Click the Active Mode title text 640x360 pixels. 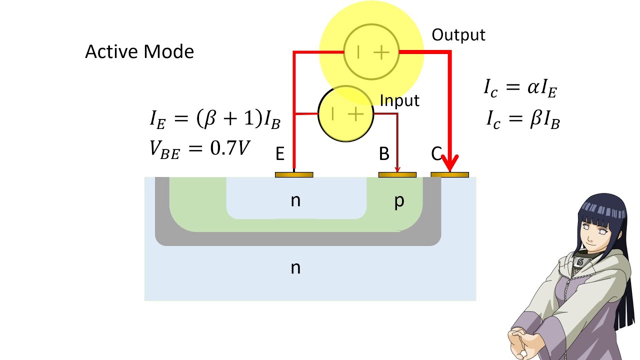[x=139, y=51]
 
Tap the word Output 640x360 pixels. [x=458, y=35]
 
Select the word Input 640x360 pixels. [x=399, y=100]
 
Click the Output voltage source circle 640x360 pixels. [x=371, y=52]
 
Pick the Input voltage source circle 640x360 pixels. [x=345, y=114]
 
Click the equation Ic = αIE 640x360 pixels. [x=520, y=88]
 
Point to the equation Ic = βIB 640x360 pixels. [x=523, y=120]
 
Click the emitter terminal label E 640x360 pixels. [x=280, y=154]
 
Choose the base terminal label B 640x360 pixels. [x=383, y=154]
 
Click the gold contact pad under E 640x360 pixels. [x=294, y=175]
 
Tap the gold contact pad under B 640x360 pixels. [x=397, y=175]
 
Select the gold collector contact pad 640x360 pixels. [x=449, y=175]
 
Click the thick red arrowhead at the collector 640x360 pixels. [x=450, y=163]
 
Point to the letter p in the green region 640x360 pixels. [x=399, y=201]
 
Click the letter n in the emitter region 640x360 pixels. [x=295, y=200]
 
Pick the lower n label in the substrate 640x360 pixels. [x=295, y=267]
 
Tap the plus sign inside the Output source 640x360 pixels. [x=381, y=52]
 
